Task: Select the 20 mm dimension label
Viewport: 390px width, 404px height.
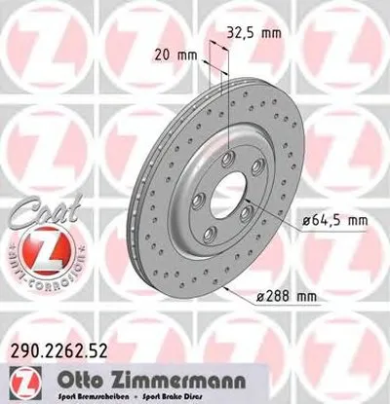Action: tap(171, 56)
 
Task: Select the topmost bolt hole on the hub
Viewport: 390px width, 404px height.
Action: tap(227, 162)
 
